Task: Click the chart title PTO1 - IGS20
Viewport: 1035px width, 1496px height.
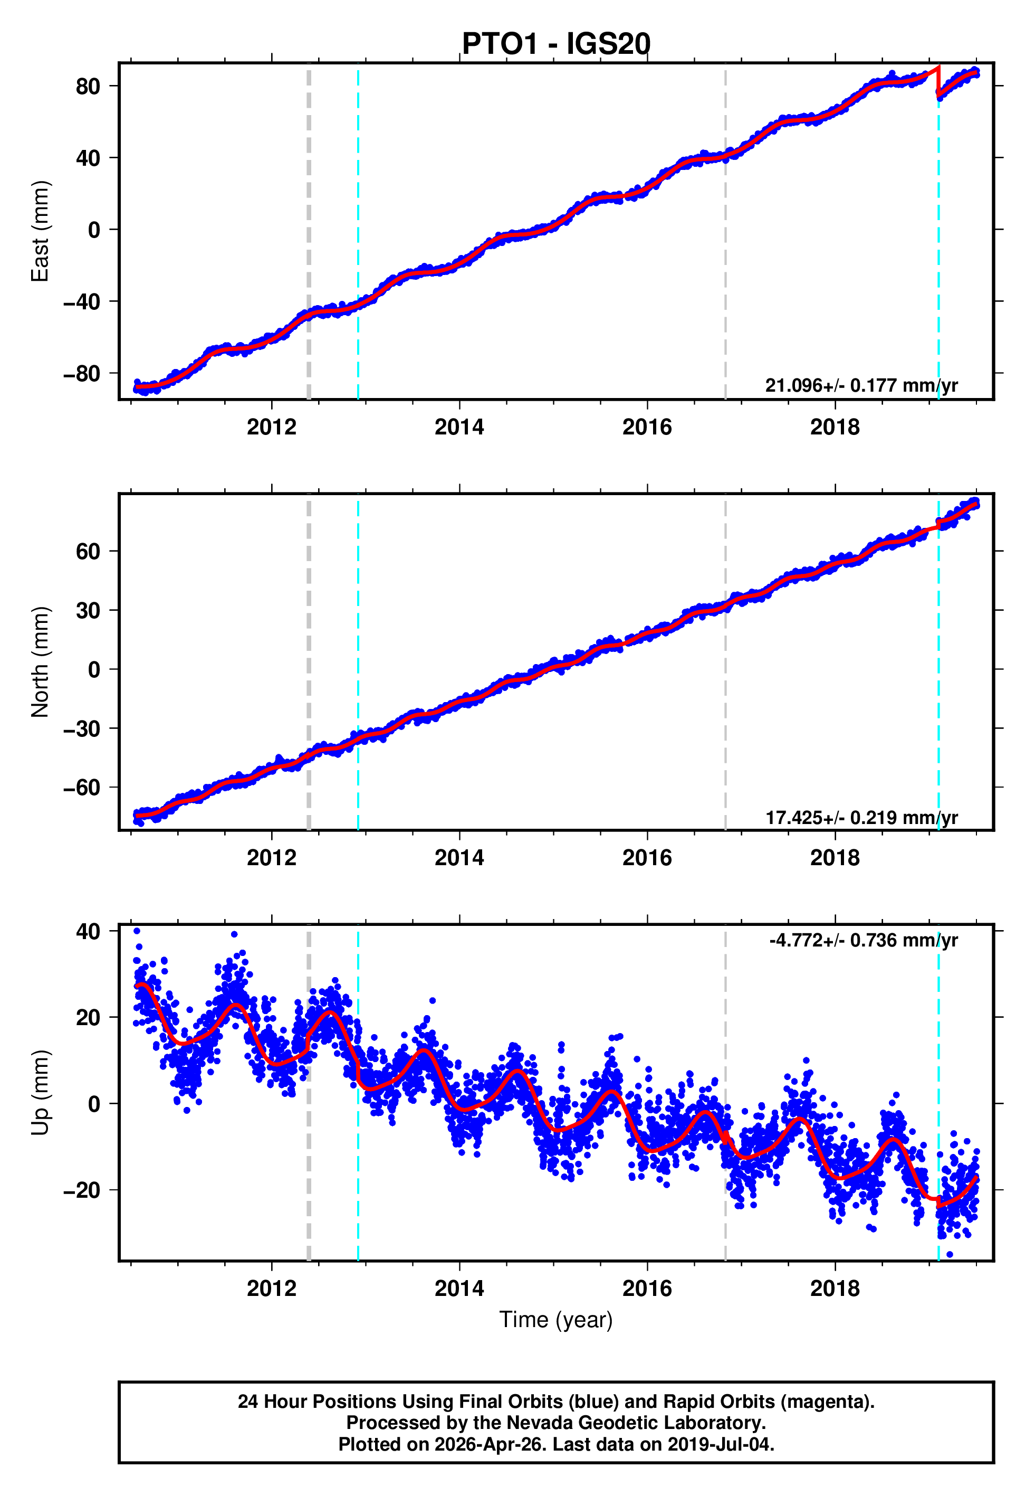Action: [556, 44]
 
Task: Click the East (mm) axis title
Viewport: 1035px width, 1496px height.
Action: [40, 231]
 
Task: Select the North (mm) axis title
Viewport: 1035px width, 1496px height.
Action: [40, 662]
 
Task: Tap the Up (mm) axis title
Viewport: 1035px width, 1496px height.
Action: [40, 1093]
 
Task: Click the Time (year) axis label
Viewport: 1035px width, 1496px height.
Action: [556, 1320]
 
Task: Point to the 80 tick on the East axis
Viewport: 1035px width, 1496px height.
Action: [88, 86]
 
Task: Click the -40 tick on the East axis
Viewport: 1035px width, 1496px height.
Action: [82, 301]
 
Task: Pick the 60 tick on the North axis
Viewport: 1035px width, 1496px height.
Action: [88, 552]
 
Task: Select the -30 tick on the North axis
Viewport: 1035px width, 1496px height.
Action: [82, 728]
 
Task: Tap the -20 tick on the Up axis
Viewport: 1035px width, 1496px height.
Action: [82, 1190]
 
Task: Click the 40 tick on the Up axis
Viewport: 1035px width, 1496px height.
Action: [88, 932]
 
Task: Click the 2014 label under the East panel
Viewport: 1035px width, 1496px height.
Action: [459, 427]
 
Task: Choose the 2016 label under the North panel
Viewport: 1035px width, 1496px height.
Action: [647, 858]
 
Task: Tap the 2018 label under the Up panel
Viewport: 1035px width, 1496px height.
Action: [835, 1289]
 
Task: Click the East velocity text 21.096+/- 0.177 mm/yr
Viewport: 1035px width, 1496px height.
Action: [861, 385]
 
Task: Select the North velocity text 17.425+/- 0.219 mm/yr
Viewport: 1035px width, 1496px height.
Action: [861, 817]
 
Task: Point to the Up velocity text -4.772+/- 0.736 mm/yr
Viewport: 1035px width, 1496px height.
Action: [863, 940]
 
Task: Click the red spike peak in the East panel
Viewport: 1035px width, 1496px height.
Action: [938, 68]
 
